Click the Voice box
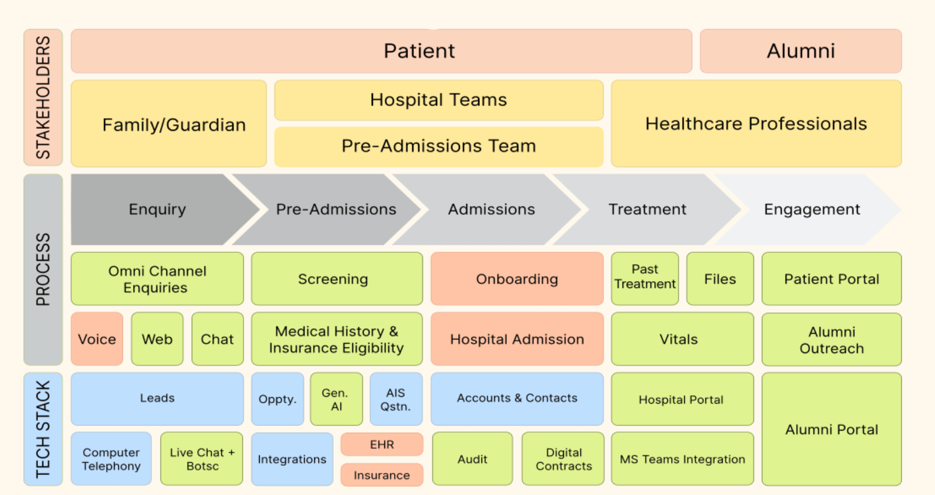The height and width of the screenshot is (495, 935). [97, 339]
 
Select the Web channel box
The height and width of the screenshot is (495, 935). [157, 339]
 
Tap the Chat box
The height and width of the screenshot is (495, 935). [217, 339]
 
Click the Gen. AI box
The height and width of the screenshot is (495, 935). [336, 399]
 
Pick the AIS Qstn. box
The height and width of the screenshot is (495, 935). [395, 399]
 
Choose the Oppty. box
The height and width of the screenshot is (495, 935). [277, 399]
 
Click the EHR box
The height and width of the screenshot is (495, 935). [382, 444]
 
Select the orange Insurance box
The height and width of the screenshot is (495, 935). [382, 475]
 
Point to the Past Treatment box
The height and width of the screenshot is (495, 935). [645, 278]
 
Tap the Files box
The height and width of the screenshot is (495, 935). [720, 278]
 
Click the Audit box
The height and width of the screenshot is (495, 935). [472, 459]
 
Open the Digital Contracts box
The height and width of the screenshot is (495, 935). [563, 459]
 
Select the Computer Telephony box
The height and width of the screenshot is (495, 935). [111, 459]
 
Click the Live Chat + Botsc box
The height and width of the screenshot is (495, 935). [202, 459]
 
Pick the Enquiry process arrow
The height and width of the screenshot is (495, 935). [157, 210]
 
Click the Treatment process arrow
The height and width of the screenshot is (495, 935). [647, 210]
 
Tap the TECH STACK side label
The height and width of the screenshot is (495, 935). [43, 429]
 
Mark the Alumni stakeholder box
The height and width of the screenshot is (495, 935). [800, 51]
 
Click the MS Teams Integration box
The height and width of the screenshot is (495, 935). [682, 459]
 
